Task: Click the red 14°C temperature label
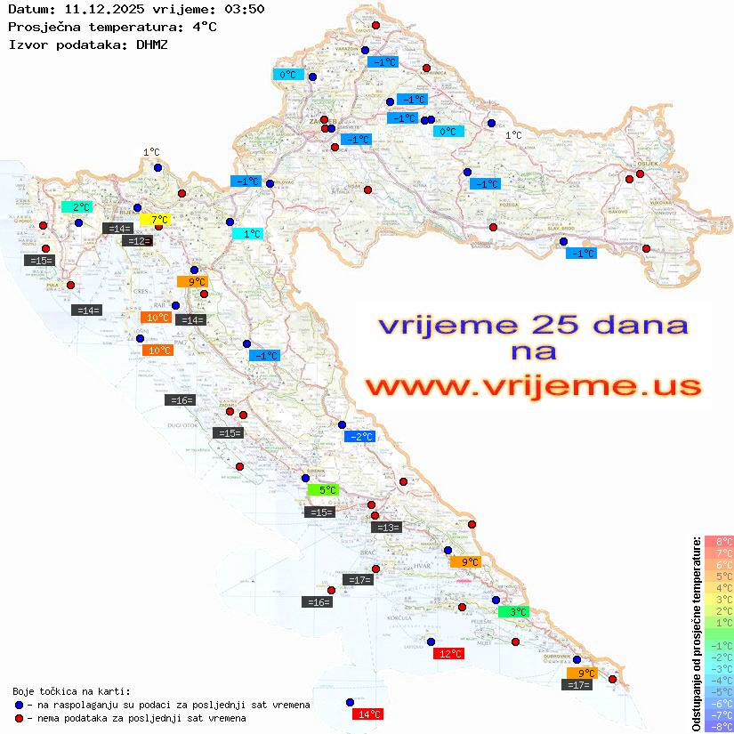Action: tap(368, 714)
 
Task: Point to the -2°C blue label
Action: tap(359, 436)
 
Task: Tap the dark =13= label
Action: tap(386, 528)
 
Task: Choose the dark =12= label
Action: tap(137, 241)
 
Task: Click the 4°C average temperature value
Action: tap(204, 27)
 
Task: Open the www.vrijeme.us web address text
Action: tap(532, 385)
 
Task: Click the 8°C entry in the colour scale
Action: tap(719, 541)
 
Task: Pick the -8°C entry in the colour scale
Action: tap(719, 726)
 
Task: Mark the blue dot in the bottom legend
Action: tap(20, 705)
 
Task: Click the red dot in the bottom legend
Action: tap(20, 718)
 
